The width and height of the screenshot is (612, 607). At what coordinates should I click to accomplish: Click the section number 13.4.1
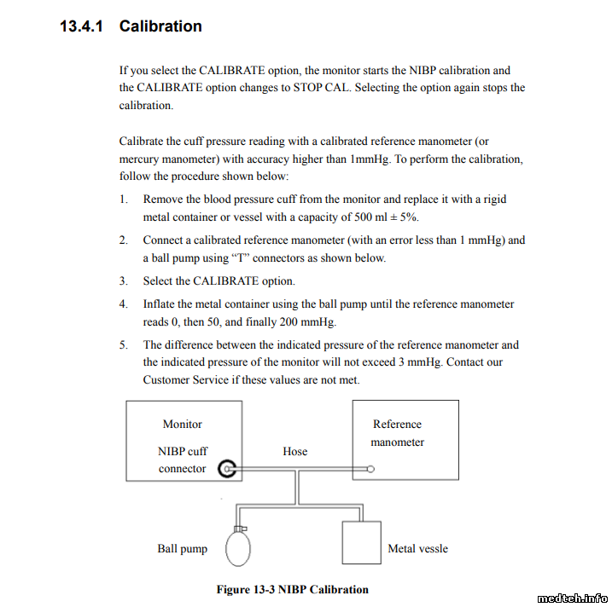pos(81,26)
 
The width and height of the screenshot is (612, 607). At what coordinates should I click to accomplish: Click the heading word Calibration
pos(160,26)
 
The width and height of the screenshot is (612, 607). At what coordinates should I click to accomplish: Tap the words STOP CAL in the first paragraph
pos(321,88)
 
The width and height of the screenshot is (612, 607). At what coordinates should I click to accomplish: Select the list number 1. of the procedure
pos(124,199)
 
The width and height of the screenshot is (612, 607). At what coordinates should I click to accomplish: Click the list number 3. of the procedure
pos(124,280)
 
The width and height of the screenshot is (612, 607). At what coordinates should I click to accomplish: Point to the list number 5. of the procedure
pos(124,345)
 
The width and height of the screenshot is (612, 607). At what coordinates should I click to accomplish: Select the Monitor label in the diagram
pos(183,424)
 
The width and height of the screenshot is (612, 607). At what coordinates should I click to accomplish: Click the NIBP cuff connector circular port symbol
pos(227,468)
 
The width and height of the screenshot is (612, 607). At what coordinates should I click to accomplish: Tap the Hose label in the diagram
pos(294,451)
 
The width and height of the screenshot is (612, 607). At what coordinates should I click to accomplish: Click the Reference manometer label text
pos(397,433)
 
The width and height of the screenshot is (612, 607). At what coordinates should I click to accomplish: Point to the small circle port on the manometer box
pos(370,468)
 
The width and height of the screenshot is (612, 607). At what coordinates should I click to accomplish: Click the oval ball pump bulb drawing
pos(237,547)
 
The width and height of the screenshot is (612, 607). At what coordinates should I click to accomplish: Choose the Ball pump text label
pos(182,548)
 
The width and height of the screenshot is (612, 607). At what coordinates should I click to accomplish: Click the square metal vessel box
pos(360,541)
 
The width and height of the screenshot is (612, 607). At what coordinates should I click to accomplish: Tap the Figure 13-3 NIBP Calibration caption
pos(292,589)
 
